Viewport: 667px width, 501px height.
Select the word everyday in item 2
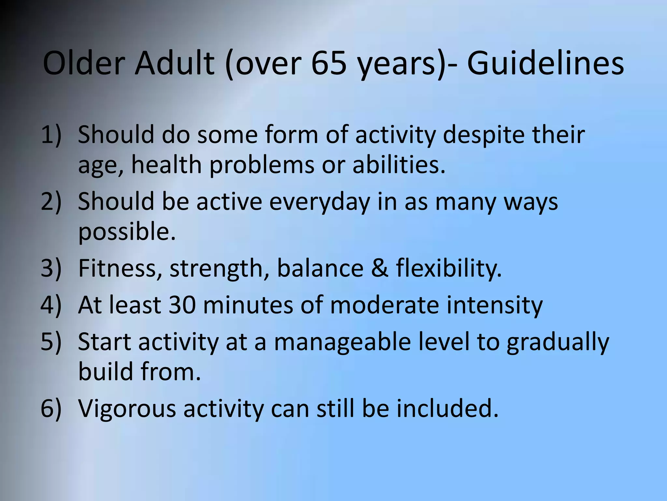point(319,201)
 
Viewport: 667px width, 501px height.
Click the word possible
point(127,232)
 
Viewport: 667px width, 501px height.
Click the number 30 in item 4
point(182,305)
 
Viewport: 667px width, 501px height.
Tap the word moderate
point(385,305)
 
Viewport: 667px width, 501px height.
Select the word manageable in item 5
point(342,342)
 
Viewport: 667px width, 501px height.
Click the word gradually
point(557,342)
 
